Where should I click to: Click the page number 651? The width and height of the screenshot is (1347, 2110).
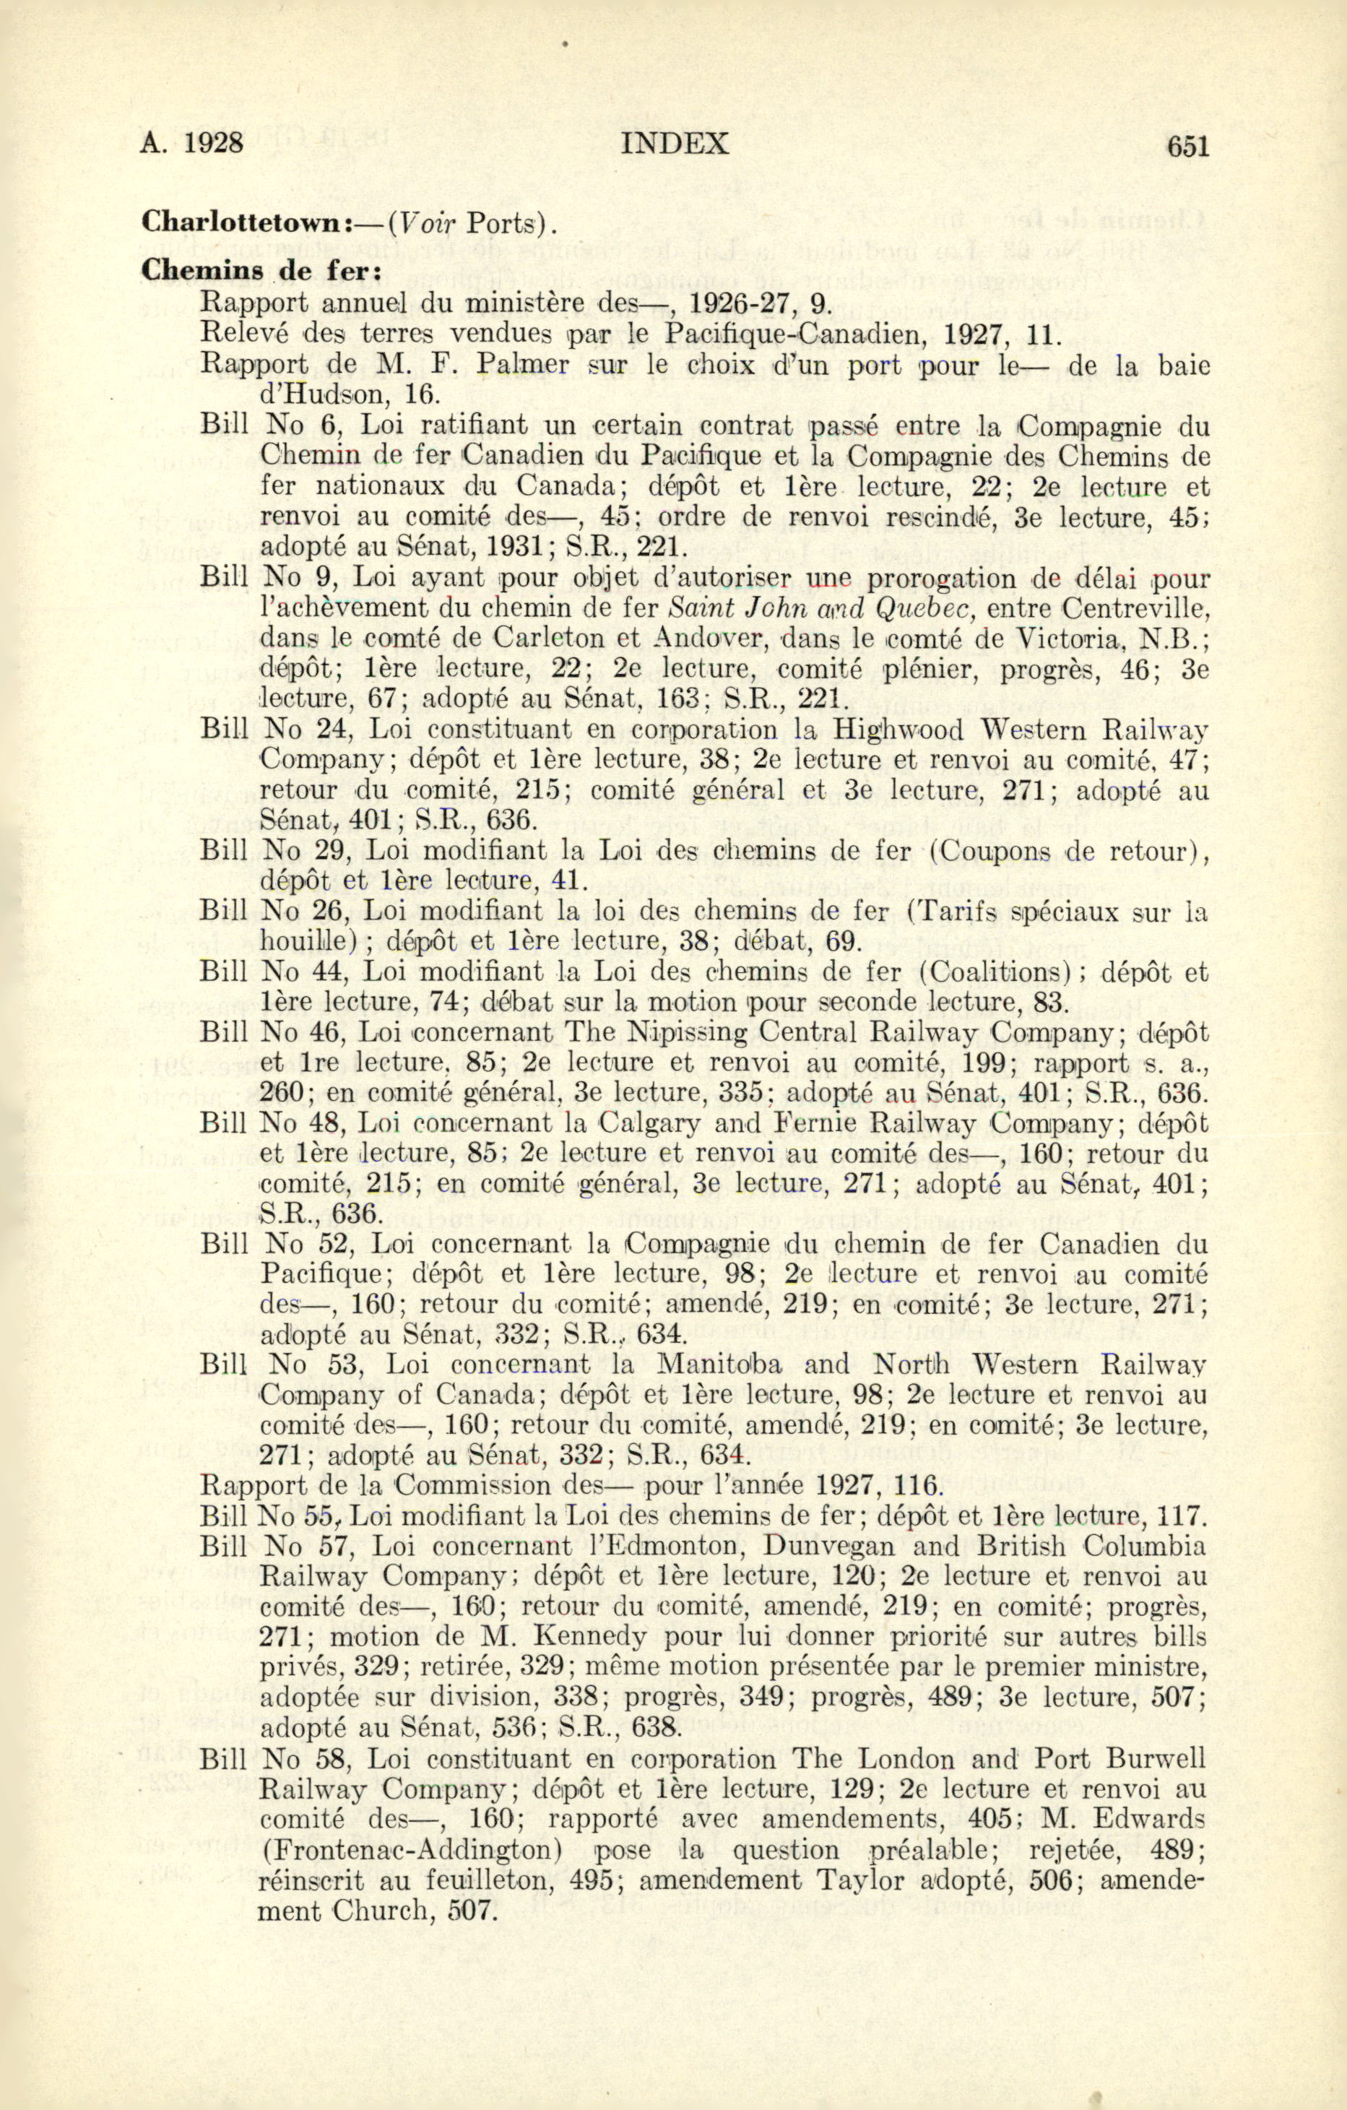(x=1187, y=145)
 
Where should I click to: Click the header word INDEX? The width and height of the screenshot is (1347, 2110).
(x=673, y=144)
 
